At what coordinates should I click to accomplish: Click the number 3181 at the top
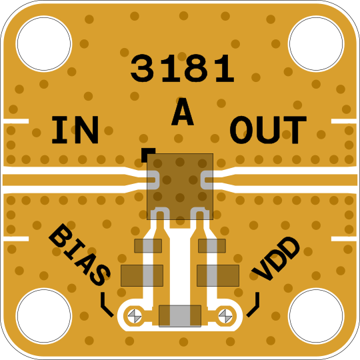pyautogui.click(x=183, y=69)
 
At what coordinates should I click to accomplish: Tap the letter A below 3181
pyautogui.click(x=183, y=111)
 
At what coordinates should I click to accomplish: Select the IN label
pyautogui.click(x=75, y=130)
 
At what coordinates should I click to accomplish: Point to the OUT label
pyautogui.click(x=268, y=130)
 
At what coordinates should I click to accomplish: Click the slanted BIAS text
pyautogui.click(x=80, y=255)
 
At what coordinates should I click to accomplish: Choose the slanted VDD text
pyautogui.click(x=276, y=259)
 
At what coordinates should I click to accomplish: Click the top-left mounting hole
pyautogui.click(x=44, y=43)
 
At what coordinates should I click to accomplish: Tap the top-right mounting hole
pyautogui.click(x=316, y=43)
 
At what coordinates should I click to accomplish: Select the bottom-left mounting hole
pyautogui.click(x=44, y=316)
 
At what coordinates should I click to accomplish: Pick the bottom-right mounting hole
pyautogui.click(x=316, y=316)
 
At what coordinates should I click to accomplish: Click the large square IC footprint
pyautogui.click(x=180, y=187)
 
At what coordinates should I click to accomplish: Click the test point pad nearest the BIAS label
pyautogui.click(x=135, y=316)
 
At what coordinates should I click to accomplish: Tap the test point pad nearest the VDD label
pyautogui.click(x=225, y=316)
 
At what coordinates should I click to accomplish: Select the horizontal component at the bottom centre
pyautogui.click(x=180, y=316)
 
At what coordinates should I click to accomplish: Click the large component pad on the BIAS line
pyautogui.click(x=142, y=275)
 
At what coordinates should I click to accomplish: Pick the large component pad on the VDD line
pyautogui.click(x=218, y=275)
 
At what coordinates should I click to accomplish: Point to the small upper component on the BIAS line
pyautogui.click(x=148, y=245)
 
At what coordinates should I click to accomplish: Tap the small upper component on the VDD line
pyautogui.click(x=212, y=245)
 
